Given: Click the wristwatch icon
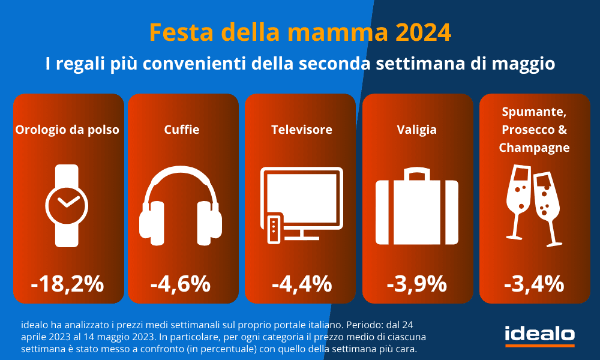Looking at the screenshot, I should (x=67, y=205).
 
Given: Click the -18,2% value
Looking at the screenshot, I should (x=68, y=283).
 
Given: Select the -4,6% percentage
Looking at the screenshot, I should (x=180, y=283).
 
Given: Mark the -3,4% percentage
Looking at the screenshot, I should (x=534, y=283).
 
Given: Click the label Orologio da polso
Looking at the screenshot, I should (x=68, y=130).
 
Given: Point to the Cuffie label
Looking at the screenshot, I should (x=181, y=129).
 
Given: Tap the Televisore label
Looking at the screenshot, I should (x=301, y=129).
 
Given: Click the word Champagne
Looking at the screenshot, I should (x=534, y=147).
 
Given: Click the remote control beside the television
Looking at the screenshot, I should (x=273, y=228).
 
